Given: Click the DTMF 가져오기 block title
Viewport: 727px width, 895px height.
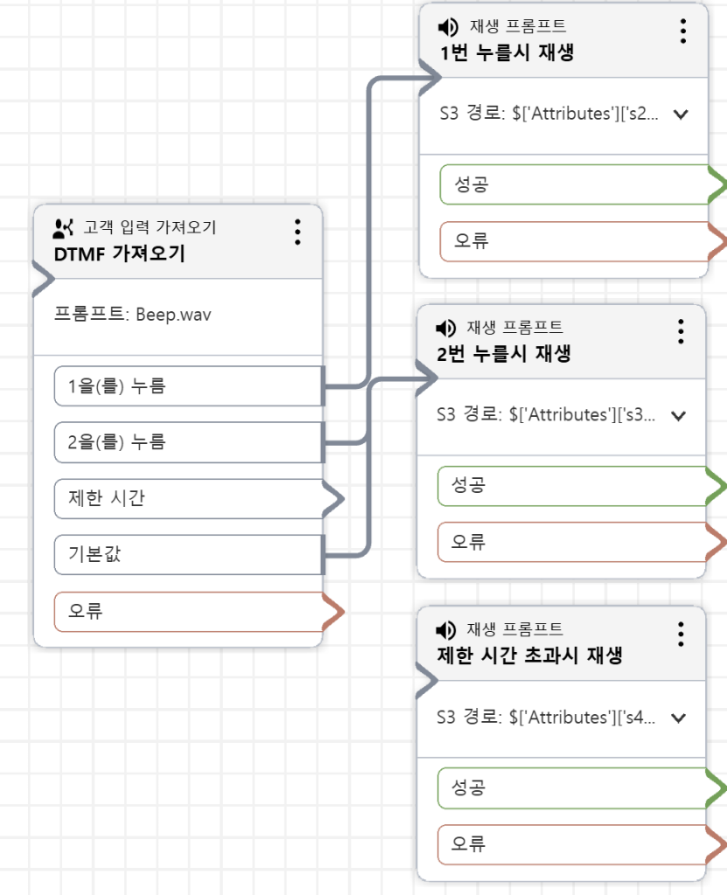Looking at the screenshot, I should pos(119,254).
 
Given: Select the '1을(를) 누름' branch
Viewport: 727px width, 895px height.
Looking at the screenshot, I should pos(188,386).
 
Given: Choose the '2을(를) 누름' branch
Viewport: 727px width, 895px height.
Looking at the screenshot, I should pos(188,442).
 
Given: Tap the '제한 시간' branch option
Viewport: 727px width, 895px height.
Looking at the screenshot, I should pos(188,498).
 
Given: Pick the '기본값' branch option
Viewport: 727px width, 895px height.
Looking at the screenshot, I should pos(188,554).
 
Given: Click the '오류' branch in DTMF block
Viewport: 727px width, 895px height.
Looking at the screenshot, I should pos(188,611).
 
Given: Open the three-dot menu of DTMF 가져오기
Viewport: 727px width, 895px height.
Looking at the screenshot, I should pos(297,232).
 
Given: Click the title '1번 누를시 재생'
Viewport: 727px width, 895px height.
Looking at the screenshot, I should pos(507,52).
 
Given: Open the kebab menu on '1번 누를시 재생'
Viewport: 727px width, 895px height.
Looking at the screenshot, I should pos(683,31).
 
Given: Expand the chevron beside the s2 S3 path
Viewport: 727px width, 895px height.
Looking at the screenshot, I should pos(681,114).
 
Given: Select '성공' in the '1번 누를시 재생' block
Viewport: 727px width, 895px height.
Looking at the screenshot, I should pos(573,184).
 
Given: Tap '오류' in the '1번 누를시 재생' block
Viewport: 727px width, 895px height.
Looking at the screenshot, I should pos(573,240).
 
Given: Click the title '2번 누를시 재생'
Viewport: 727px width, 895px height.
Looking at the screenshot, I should pos(504,354).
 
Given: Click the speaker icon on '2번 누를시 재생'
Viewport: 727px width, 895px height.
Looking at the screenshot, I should pos(445,329).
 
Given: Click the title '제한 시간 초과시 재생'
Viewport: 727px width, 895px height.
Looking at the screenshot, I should pos(528,656).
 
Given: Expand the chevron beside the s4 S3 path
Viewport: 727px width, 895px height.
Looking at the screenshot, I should pos(677,718).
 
